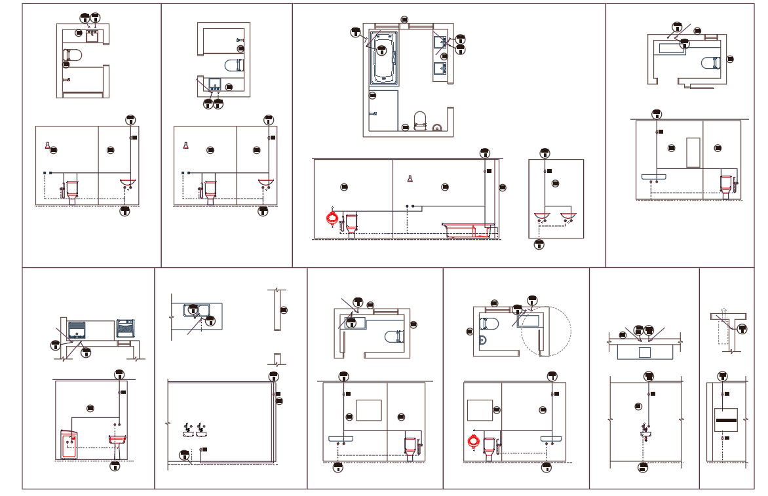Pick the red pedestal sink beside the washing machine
tap(117, 442)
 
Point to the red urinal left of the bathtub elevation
tap(335, 218)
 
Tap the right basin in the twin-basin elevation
tap(567, 216)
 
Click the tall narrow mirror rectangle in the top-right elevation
tap(693, 152)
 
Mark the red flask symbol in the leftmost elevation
tap(47, 145)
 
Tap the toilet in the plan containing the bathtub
tap(420, 120)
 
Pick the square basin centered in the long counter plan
tap(645, 352)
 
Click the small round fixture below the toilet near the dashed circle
tap(482, 340)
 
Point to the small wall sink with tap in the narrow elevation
tap(646, 434)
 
